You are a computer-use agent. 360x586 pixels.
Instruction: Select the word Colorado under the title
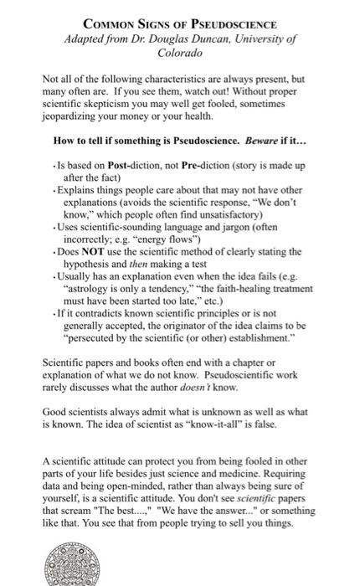coord(180,52)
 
